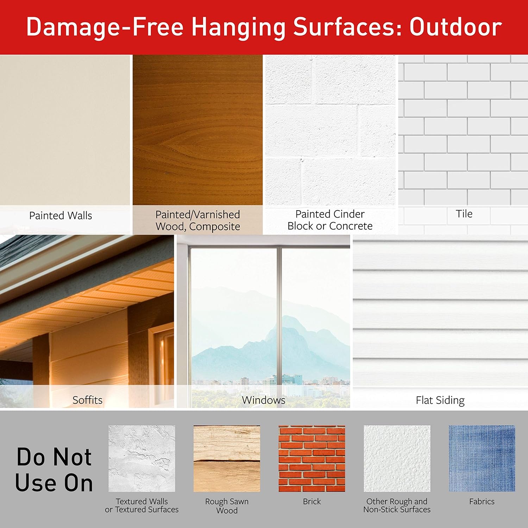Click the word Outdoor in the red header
(455, 27)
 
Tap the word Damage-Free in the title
(105, 27)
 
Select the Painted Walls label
(61, 215)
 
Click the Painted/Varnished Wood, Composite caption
(198, 220)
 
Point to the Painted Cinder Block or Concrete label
(330, 220)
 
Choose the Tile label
(464, 214)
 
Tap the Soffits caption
(87, 400)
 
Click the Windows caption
(263, 400)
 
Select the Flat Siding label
(440, 400)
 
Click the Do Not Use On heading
(54, 470)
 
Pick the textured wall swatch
(142, 459)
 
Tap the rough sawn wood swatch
(227, 459)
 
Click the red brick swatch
(312, 459)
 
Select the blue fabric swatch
(482, 459)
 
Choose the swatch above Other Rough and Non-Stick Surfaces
(397, 459)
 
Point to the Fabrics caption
(482, 502)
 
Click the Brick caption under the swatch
(312, 502)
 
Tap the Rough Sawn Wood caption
(227, 506)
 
